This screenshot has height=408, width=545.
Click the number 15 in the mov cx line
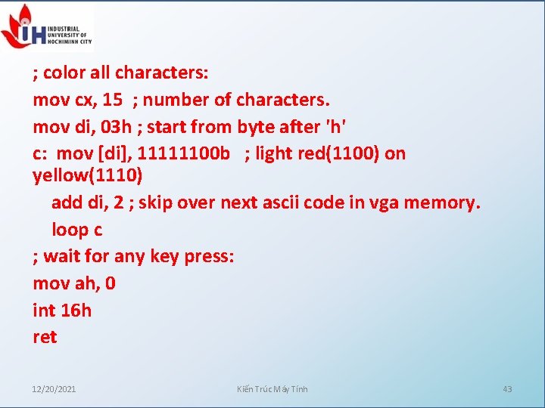click(x=113, y=100)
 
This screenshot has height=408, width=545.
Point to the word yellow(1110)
click(x=87, y=176)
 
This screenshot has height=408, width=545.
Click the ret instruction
click(x=45, y=337)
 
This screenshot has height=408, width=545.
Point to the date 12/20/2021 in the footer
click(x=54, y=389)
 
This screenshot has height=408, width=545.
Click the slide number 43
click(x=507, y=389)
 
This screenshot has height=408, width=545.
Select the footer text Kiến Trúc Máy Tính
click(x=272, y=389)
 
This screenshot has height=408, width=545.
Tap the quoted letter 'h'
click(x=335, y=127)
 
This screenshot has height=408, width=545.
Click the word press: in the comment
click(x=208, y=257)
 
